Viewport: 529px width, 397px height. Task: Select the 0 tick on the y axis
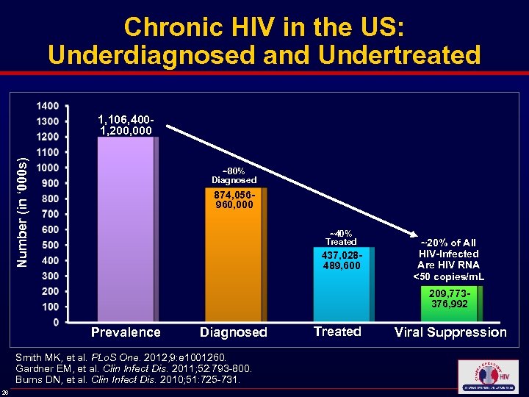point(55,322)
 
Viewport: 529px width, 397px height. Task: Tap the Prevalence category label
point(126,332)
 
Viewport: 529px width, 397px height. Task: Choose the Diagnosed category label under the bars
point(234,332)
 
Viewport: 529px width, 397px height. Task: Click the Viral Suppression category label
point(450,332)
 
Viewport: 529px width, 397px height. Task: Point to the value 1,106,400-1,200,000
point(125,125)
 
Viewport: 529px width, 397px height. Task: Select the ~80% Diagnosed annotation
point(234,175)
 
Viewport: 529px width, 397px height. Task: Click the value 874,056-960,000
point(234,199)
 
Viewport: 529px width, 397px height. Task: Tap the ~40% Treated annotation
point(341,237)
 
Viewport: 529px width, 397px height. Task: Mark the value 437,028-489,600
point(342,260)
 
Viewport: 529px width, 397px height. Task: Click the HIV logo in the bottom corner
point(487,376)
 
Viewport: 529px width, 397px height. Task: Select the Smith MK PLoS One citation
point(104,358)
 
